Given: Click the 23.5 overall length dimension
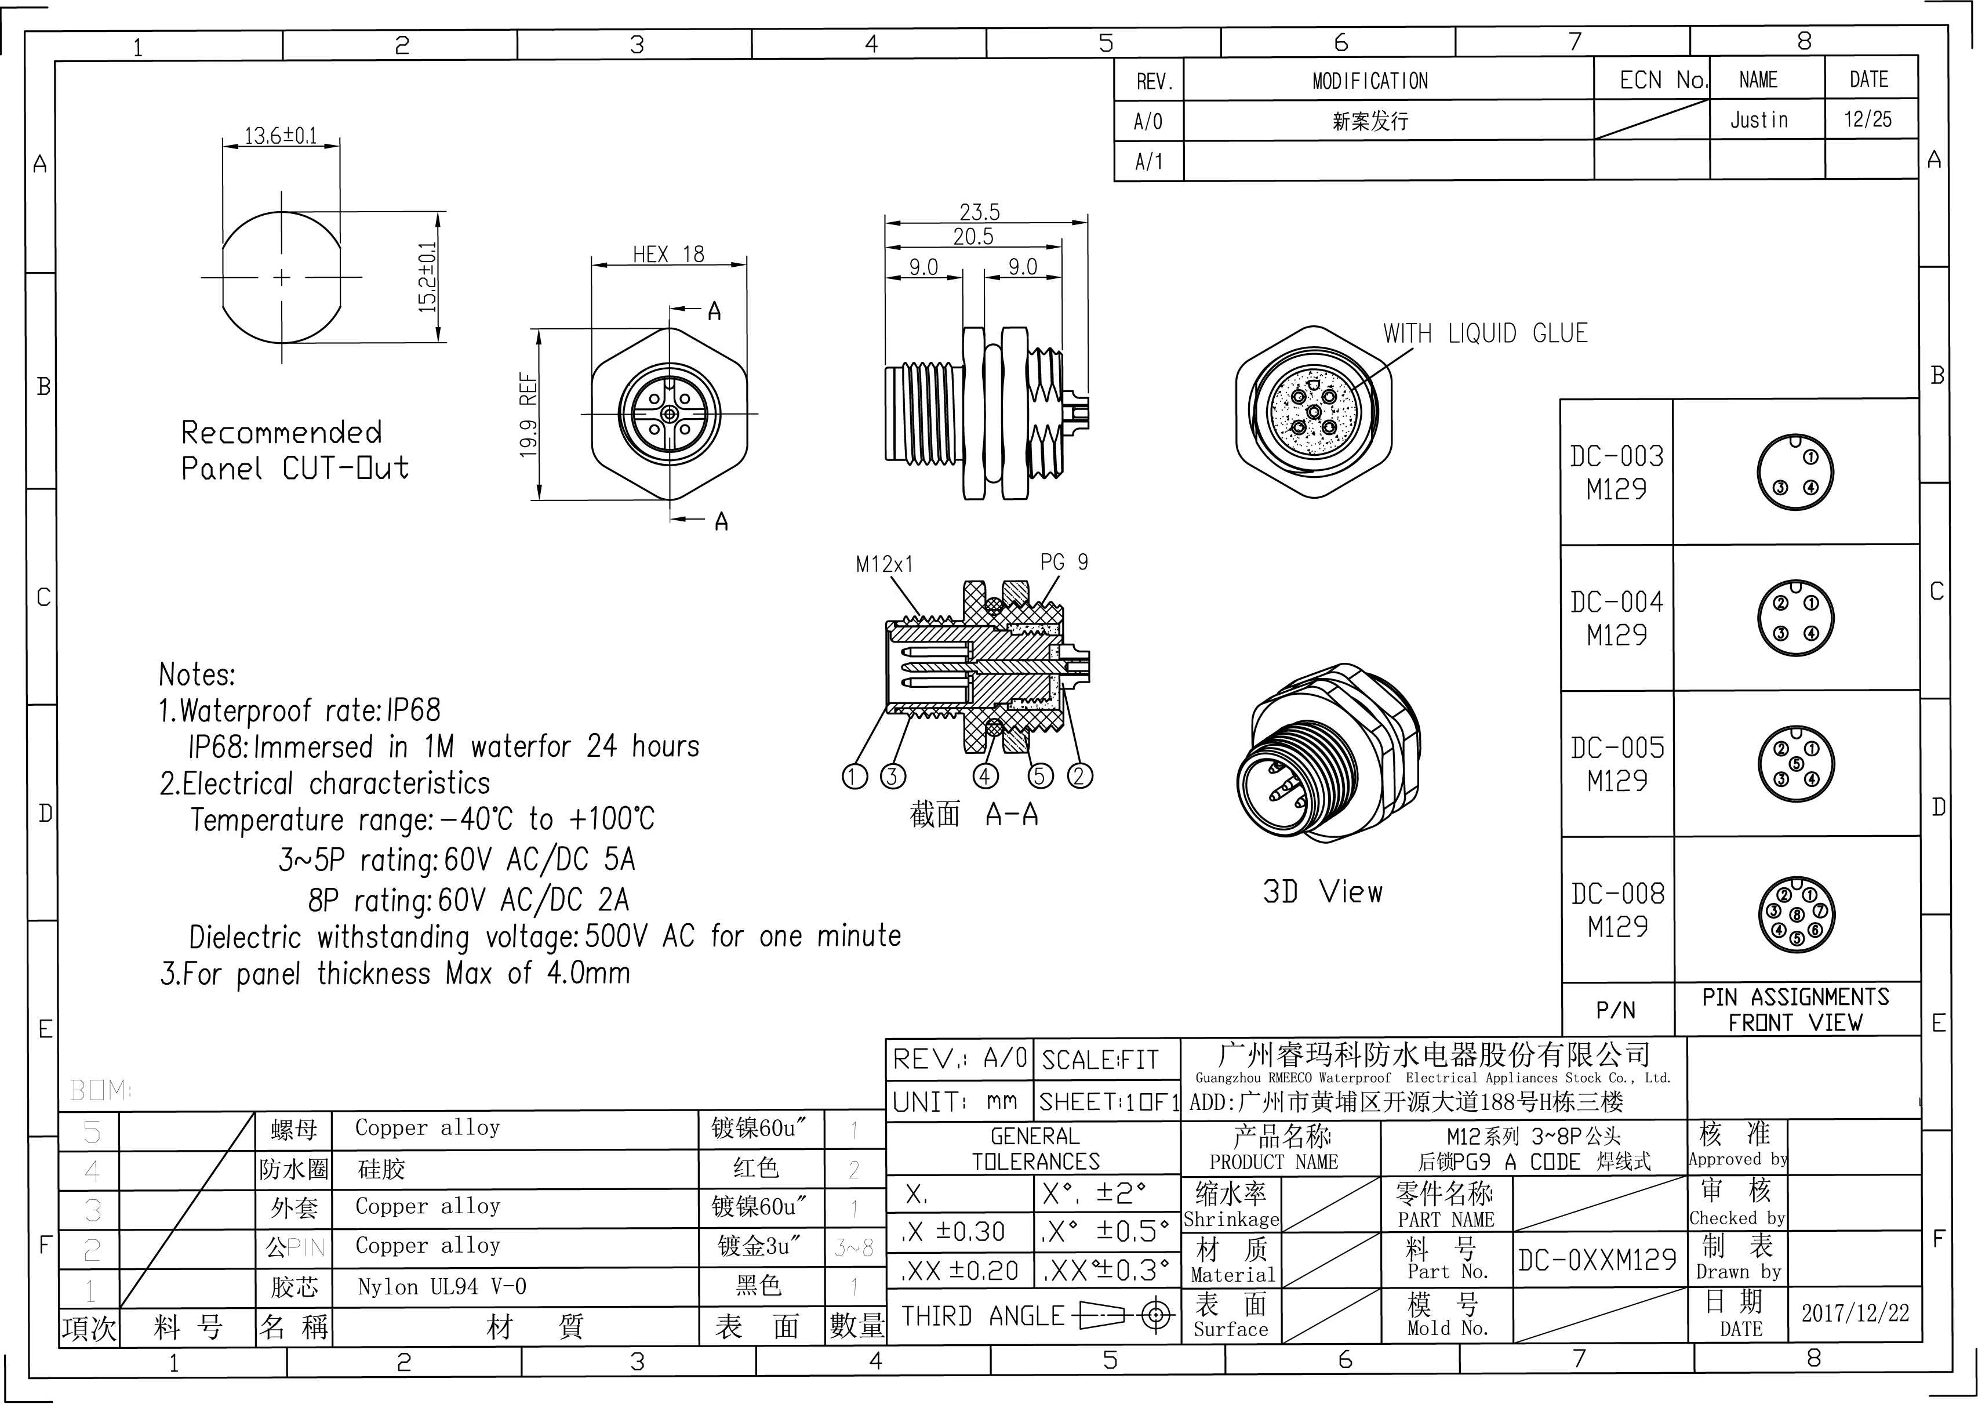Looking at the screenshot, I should [x=979, y=212].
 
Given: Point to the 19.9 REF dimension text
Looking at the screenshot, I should [x=529, y=415].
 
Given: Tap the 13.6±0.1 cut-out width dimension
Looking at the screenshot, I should [x=281, y=136].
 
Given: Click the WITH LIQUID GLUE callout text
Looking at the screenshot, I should [x=1485, y=333].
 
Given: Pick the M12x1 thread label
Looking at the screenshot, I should [x=884, y=564].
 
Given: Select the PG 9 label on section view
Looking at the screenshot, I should [x=1064, y=563].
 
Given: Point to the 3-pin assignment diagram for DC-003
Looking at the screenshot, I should [x=1795, y=472].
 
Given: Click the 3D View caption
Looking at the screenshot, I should [x=1322, y=892].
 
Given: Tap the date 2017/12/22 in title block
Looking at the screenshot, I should [x=1855, y=1313].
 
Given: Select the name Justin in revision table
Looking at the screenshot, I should [x=1758, y=120].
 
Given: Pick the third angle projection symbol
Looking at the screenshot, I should [x=1122, y=1316].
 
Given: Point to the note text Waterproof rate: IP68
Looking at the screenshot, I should [x=300, y=710].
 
